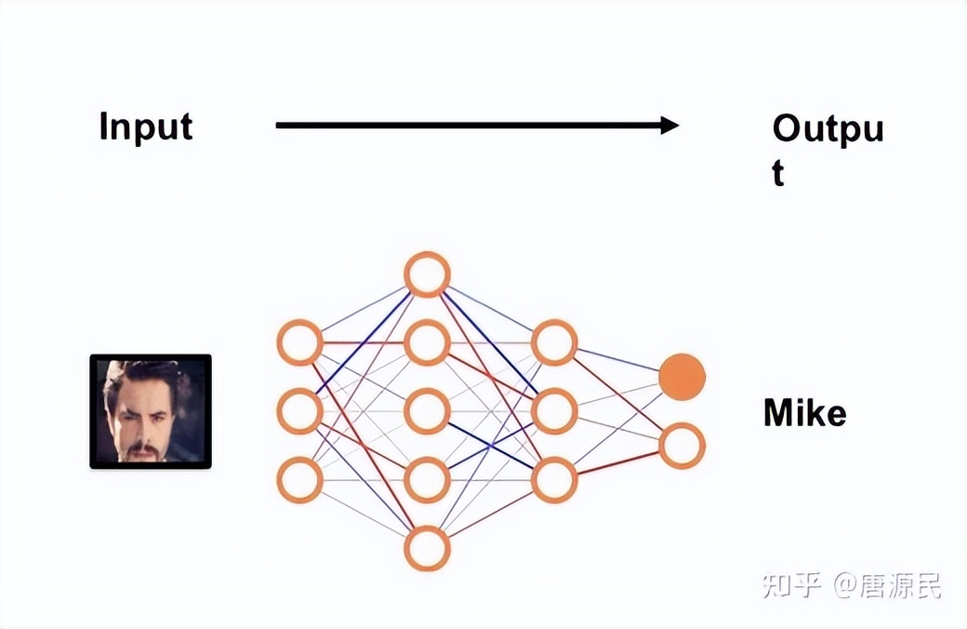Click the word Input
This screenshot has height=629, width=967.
pos(146,127)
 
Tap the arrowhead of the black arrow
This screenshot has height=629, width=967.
pos(669,126)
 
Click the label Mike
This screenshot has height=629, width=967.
pos(805,412)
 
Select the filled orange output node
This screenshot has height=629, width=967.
pos(682,377)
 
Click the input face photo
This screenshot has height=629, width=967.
pos(151,411)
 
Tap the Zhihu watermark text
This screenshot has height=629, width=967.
pos(852,585)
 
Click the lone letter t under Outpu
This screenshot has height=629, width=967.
pos(778,173)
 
